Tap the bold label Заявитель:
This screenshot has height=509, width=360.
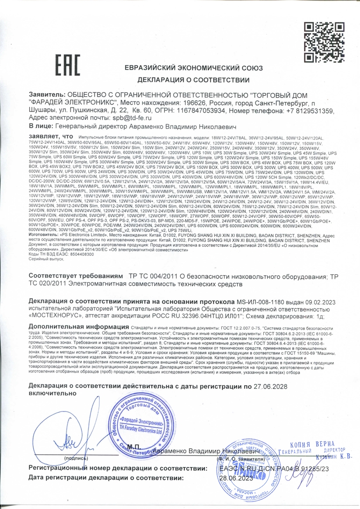pyautogui.click(x=46, y=95)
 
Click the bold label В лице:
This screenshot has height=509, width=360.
pyautogui.click(x=41, y=126)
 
